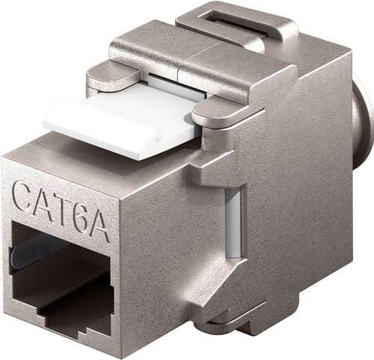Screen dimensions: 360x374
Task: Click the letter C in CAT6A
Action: pos(25,199)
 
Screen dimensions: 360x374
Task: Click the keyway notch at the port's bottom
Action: pos(79,318)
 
